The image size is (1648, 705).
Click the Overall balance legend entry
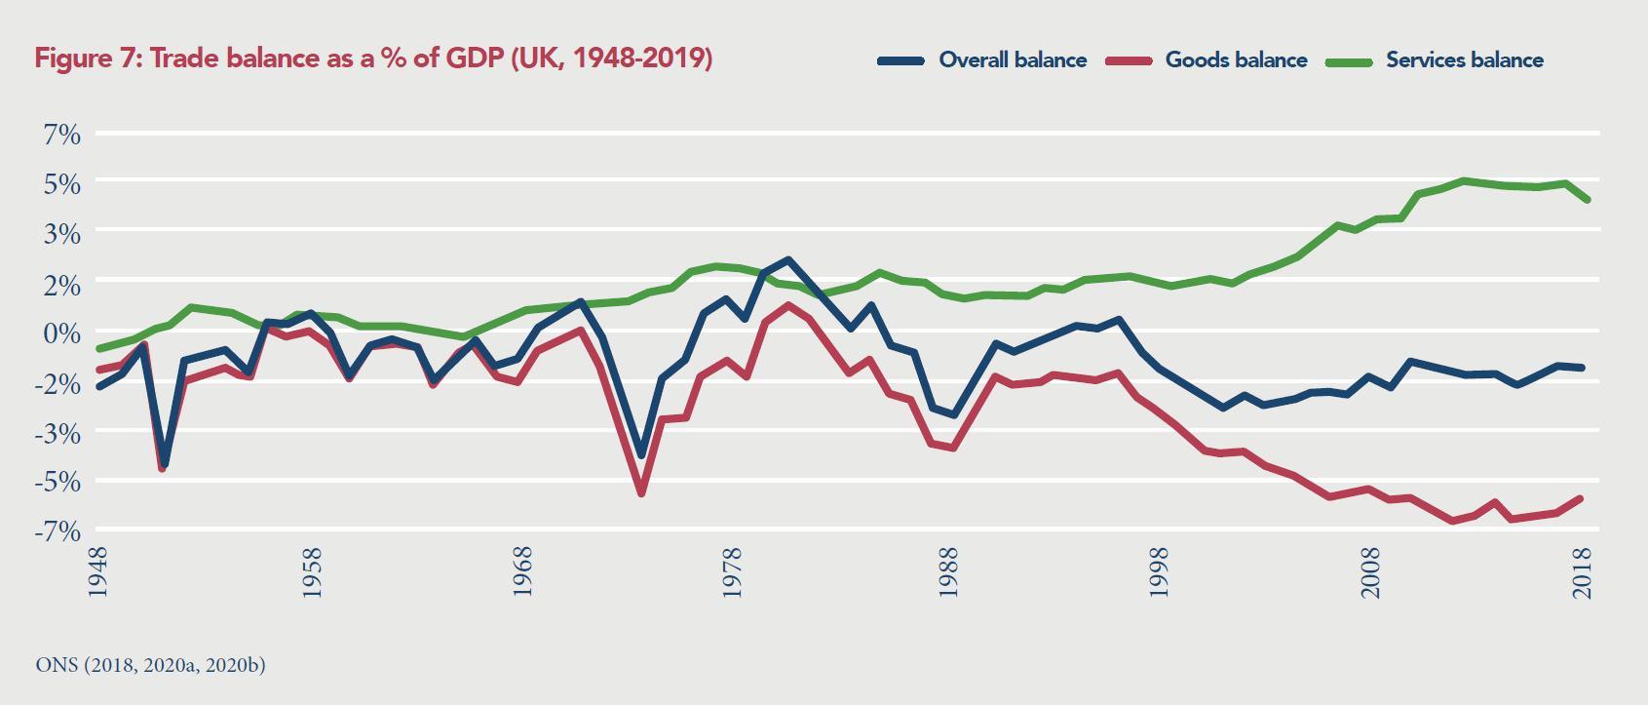click(1012, 60)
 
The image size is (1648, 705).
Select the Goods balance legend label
click(1236, 60)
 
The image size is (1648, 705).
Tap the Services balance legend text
click(1464, 60)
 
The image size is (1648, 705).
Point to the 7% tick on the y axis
click(61, 134)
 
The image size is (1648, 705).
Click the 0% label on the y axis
click(61, 333)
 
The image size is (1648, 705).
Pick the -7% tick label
click(57, 531)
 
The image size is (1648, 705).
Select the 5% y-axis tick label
click(61, 183)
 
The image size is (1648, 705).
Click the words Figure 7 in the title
click(86, 59)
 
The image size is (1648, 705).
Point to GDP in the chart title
click(474, 59)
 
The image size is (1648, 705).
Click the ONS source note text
click(150, 665)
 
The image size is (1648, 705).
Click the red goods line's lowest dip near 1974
click(641, 493)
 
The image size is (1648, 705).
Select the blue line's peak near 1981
click(787, 260)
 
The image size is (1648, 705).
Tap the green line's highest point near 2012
click(1462, 180)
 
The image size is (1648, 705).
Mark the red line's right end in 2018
click(1581, 498)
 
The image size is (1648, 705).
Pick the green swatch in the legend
click(1350, 60)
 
